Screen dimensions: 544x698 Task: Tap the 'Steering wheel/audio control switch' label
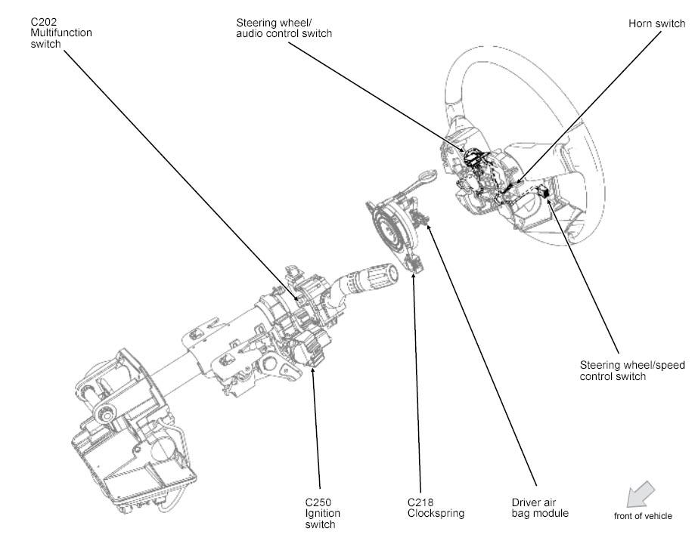pos(284,28)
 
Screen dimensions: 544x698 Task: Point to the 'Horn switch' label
pos(656,23)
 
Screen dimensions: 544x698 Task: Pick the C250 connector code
pos(318,502)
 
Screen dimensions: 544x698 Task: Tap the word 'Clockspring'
pos(434,513)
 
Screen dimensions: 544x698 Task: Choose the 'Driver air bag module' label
pos(540,507)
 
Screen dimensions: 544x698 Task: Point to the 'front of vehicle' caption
pos(642,516)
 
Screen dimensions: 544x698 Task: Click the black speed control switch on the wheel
pos(545,192)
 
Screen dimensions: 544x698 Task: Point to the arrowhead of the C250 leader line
pos(312,367)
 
